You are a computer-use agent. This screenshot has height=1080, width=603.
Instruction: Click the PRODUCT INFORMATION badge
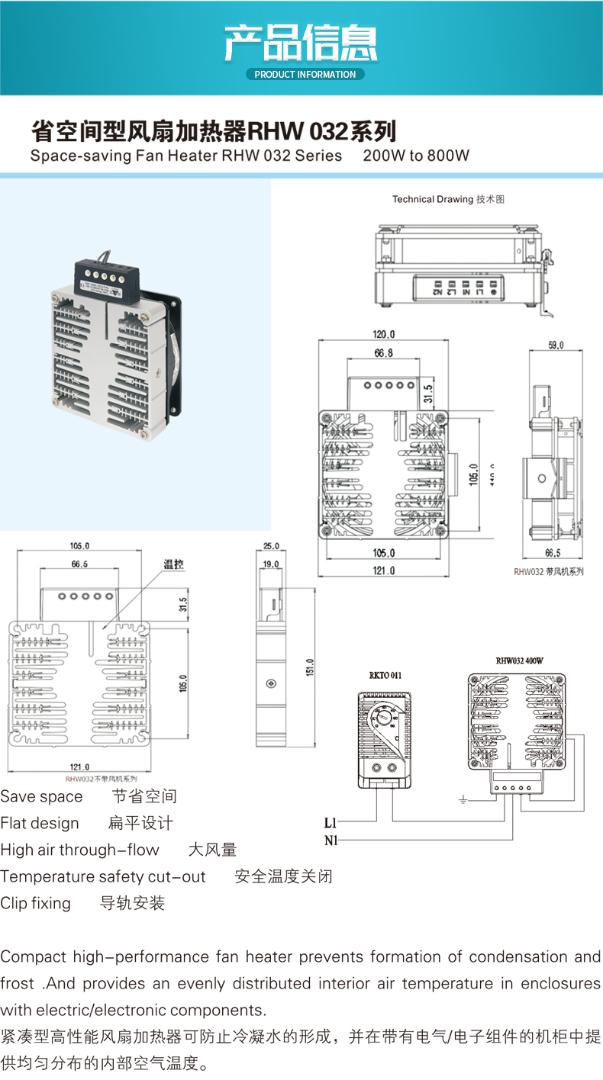pos(305,75)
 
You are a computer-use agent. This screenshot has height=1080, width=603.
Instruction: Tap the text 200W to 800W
pos(416,156)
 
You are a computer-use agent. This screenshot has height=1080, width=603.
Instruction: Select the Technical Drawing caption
pos(448,199)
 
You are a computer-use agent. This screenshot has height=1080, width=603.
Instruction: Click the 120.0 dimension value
pos(384,334)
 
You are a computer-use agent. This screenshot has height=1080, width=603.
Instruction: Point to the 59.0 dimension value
pos(556,345)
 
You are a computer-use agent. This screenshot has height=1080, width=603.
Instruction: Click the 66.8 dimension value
pos(383,353)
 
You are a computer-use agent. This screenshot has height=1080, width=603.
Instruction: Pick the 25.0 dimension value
pos(271,546)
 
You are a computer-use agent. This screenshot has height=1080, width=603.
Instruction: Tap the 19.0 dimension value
pos(271,564)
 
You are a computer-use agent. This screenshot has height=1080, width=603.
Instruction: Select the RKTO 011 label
pos(385,675)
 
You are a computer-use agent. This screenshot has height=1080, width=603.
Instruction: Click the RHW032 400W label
pos(519,661)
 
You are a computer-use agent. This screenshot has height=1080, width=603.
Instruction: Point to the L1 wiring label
pos(330,823)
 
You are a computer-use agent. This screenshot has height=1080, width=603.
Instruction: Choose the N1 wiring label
pos(330,841)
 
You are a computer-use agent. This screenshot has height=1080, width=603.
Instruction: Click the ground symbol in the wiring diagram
pos(463,799)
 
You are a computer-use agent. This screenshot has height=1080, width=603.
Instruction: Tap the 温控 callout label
pos(173,565)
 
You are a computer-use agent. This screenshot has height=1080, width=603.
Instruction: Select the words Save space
pos(41,796)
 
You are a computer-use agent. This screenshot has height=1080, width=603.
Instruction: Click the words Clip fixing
pos(35,903)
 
